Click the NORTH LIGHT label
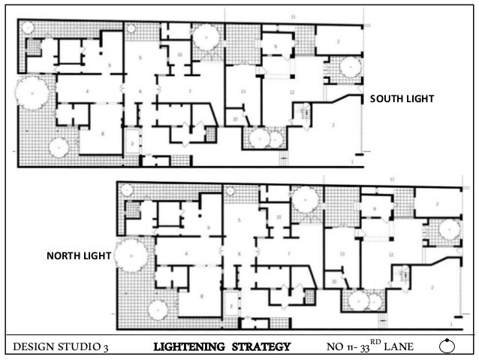(79, 257)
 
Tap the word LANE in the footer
(405, 346)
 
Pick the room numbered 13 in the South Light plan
(243, 92)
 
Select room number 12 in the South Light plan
(291, 92)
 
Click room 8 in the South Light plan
(103, 134)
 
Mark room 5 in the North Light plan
(239, 220)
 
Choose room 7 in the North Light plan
(289, 254)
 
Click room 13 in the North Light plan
(342, 254)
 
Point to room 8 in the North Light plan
(202, 296)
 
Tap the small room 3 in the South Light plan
(133, 141)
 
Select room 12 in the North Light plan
(390, 254)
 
